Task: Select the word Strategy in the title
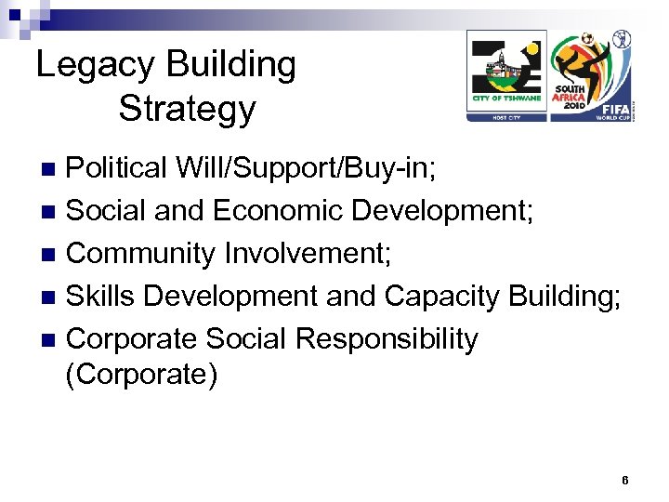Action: pyautogui.click(x=187, y=109)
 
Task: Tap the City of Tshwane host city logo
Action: pyautogui.click(x=506, y=75)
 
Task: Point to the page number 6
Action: pyautogui.click(x=625, y=481)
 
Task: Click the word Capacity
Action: pyautogui.click(x=441, y=296)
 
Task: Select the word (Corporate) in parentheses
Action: pyautogui.click(x=141, y=375)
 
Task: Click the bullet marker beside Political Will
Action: pyautogui.click(x=52, y=169)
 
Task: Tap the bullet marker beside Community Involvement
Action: pyautogui.click(x=52, y=254)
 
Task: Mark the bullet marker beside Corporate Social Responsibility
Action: pyautogui.click(x=52, y=339)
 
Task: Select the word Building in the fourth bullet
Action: pyautogui.click(x=564, y=296)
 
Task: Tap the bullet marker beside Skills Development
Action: pyautogui.click(x=52, y=297)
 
